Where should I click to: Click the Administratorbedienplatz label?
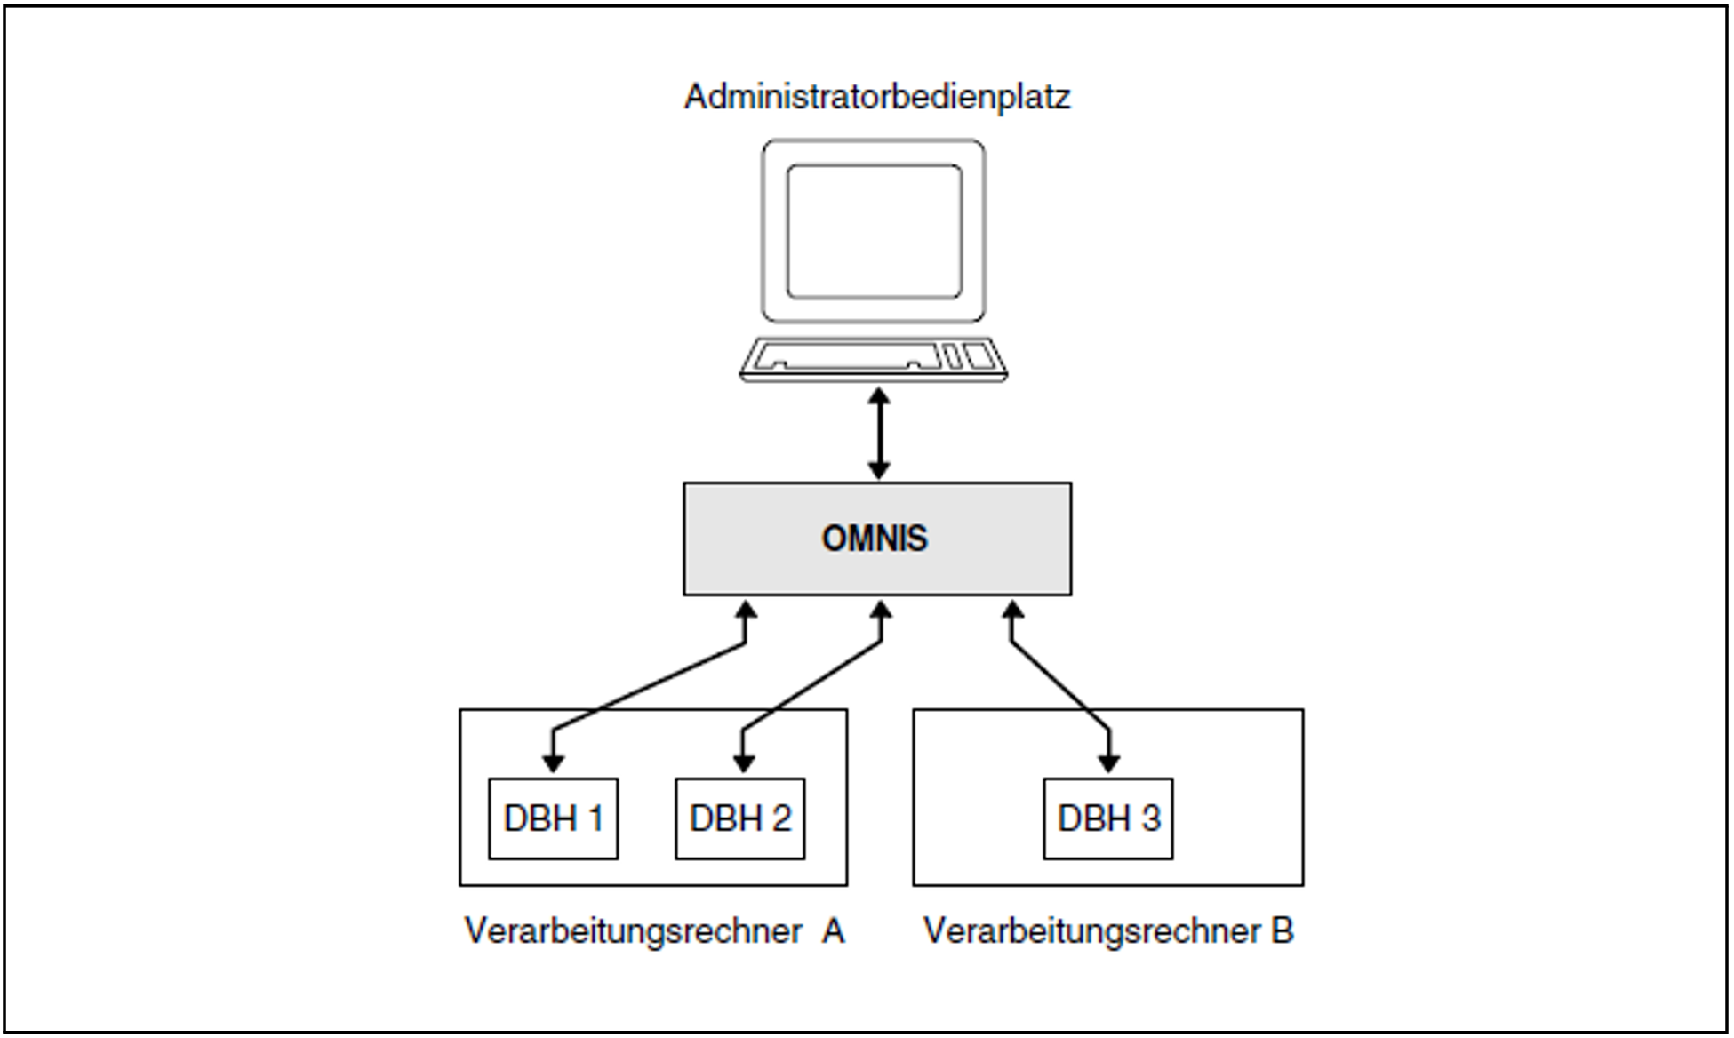point(876,97)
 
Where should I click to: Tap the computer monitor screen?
point(874,231)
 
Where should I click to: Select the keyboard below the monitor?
point(874,359)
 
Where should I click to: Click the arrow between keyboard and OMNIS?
point(879,434)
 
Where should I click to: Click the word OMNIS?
point(875,539)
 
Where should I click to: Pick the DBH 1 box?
point(553,818)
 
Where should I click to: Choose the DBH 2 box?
point(739,818)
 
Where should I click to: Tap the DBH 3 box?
point(1107,818)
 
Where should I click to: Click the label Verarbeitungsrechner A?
point(654,931)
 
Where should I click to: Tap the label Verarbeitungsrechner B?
point(1107,931)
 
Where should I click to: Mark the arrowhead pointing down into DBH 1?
point(553,763)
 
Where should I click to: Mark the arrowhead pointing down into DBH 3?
point(1108,763)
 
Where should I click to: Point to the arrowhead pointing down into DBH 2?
point(744,763)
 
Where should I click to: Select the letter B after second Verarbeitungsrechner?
point(1282,931)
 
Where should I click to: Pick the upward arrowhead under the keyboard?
point(879,396)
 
